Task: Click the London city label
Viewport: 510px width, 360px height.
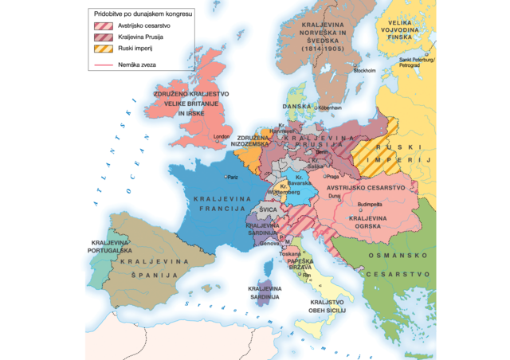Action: click(x=222, y=136)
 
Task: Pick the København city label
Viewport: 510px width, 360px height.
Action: click(x=329, y=108)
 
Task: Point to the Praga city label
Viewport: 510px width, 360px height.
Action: click(x=333, y=176)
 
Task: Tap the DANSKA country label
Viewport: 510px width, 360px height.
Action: click(x=296, y=106)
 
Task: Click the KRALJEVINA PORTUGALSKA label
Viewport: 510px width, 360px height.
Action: click(x=111, y=246)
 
